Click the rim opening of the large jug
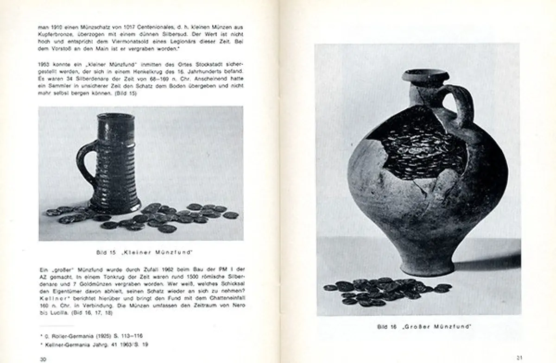(424, 75)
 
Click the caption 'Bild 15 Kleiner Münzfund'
(144, 252)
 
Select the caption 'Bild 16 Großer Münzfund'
(424, 327)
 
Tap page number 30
(43, 359)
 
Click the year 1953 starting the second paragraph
(45, 63)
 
